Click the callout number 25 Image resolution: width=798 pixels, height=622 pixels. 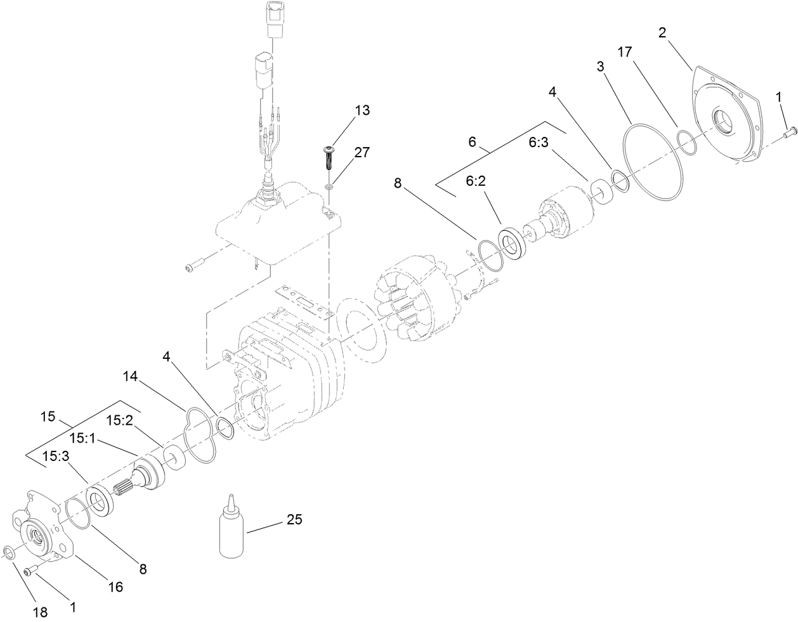click(x=294, y=520)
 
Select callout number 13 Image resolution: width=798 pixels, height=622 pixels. click(x=362, y=110)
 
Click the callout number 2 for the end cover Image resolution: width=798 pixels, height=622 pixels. click(x=662, y=33)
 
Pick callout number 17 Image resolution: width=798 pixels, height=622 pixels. click(x=624, y=52)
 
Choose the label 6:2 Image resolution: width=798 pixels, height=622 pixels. click(x=476, y=181)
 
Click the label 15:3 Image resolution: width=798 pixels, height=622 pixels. click(x=56, y=455)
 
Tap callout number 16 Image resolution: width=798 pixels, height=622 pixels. click(x=115, y=587)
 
